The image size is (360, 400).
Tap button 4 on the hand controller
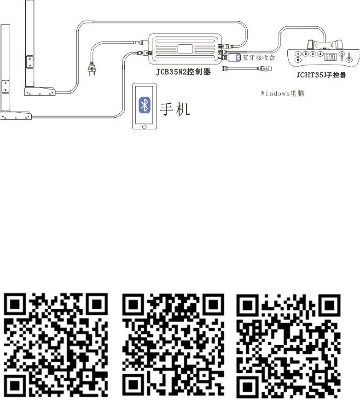pos(320,54)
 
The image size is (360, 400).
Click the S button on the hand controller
pos(299,60)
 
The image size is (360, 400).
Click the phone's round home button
pos(144,125)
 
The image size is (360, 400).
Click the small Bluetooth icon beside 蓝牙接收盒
pos(238,57)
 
